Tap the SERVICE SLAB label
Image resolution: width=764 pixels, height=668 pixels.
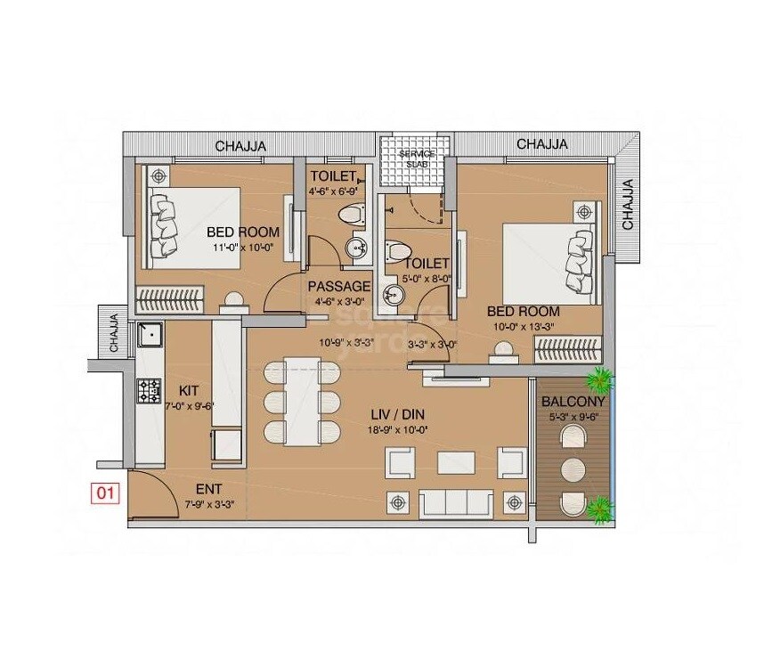[x=417, y=158]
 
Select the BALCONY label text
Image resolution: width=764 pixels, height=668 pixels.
[x=574, y=400]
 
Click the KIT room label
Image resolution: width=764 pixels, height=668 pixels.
[x=188, y=390]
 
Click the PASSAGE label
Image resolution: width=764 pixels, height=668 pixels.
[x=339, y=286]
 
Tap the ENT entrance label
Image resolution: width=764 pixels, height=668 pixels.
[x=209, y=489]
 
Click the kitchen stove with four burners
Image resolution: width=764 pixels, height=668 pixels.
[x=149, y=388]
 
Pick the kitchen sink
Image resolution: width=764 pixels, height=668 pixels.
[x=150, y=335]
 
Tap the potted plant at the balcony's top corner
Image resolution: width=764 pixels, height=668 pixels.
[x=602, y=381]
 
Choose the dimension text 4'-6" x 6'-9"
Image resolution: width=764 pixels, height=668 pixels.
[x=334, y=191]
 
